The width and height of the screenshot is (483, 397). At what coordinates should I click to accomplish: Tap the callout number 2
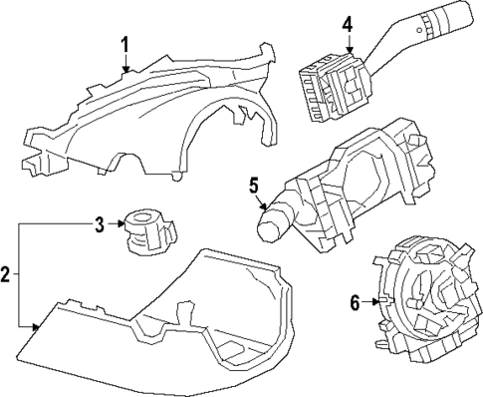(6, 273)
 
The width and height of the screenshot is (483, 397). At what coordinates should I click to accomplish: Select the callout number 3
(98, 224)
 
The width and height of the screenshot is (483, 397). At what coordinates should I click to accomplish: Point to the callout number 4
(348, 23)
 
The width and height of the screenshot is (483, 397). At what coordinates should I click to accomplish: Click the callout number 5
(254, 185)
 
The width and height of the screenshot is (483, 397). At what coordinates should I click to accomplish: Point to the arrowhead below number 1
(125, 70)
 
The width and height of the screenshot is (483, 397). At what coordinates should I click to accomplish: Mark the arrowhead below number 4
(349, 50)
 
